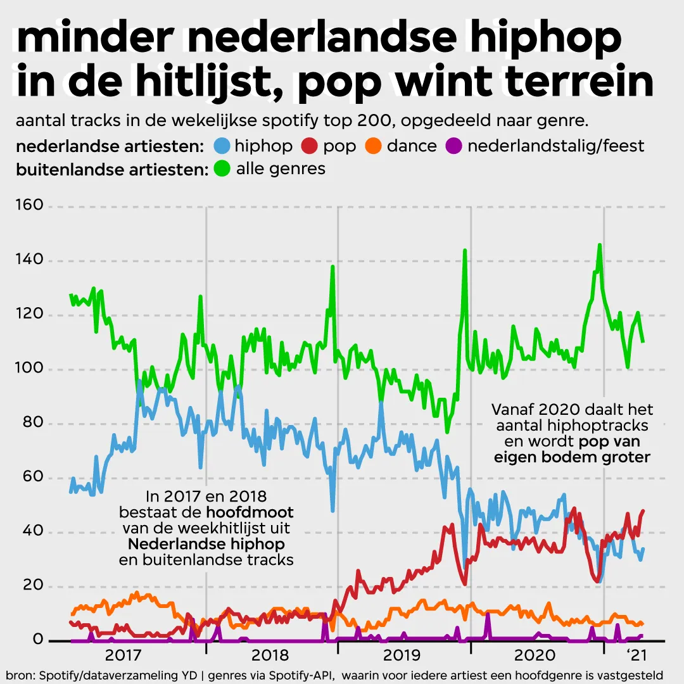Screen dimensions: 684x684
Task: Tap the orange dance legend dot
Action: click(x=374, y=146)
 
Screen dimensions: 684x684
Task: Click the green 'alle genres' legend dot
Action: click(x=223, y=169)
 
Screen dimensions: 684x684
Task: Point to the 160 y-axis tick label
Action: click(x=29, y=206)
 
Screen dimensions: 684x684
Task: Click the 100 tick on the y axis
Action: click(x=29, y=369)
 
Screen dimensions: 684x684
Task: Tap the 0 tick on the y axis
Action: click(x=38, y=640)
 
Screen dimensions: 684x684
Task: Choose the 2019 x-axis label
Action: click(x=403, y=654)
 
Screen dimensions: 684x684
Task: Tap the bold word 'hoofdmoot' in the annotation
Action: click(x=250, y=512)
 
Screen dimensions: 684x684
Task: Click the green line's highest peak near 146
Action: click(x=599, y=245)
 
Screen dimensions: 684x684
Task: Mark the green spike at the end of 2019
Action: click(x=465, y=251)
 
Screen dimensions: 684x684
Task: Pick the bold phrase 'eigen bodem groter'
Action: click(x=573, y=457)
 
